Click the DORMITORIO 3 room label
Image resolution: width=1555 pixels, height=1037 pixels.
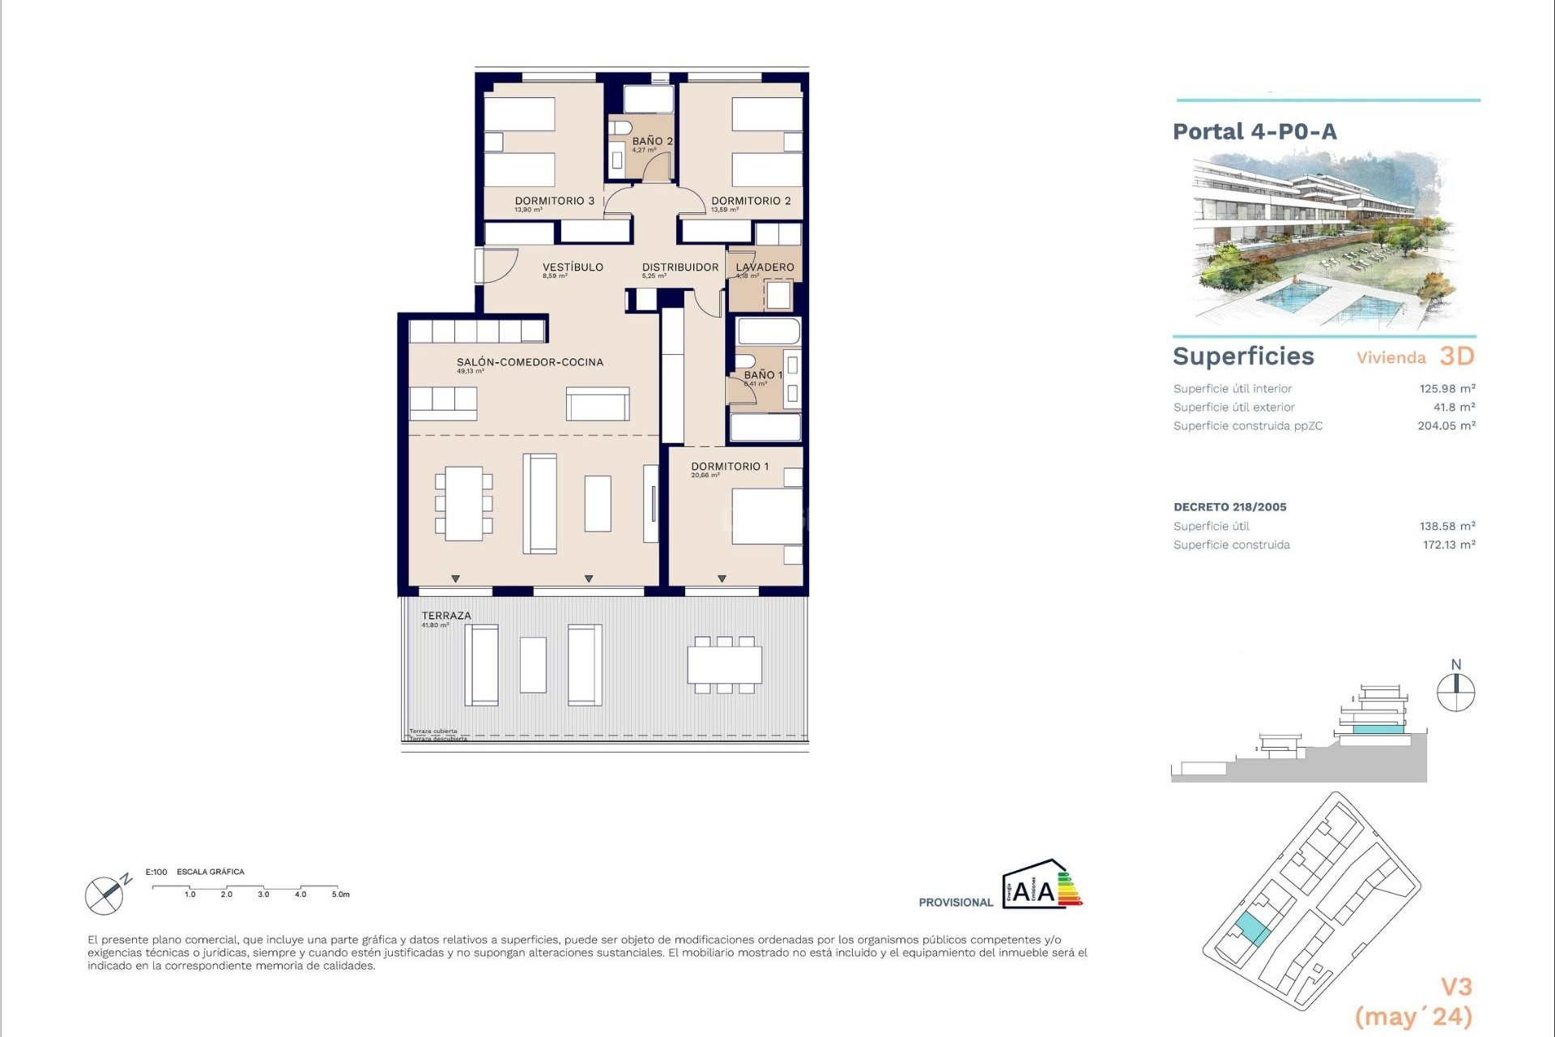tap(555, 201)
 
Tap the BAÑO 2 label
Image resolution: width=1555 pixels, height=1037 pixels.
tap(652, 141)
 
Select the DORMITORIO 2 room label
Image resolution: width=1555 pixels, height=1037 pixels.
tap(751, 201)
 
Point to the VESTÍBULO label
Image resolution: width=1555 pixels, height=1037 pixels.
tap(573, 267)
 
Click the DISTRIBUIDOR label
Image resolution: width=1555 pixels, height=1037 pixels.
tap(680, 267)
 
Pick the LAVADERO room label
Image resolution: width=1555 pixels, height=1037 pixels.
tap(765, 267)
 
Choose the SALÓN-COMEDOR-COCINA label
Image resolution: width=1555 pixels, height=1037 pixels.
tap(530, 362)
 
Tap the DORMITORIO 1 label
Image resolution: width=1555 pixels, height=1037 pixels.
tap(730, 466)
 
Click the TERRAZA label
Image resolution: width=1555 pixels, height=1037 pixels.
tap(445, 616)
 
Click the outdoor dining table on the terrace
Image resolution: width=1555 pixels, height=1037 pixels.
tap(725, 665)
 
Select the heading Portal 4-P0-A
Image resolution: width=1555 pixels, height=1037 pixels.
tap(1255, 131)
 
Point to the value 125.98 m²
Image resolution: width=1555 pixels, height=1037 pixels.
tap(1446, 389)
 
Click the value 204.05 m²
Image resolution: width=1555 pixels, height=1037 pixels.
tap(1446, 425)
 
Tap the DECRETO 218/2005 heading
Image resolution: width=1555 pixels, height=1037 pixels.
tap(1229, 507)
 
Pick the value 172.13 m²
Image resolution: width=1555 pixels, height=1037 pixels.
tap(1448, 544)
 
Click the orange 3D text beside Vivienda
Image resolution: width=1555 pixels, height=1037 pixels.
tap(1457, 356)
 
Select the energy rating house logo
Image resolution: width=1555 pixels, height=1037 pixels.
tap(1042, 884)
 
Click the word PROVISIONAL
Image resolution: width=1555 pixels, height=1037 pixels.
tap(955, 903)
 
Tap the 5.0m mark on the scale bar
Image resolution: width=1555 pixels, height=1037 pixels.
tap(340, 894)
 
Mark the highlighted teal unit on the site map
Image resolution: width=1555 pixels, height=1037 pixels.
tap(1252, 928)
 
